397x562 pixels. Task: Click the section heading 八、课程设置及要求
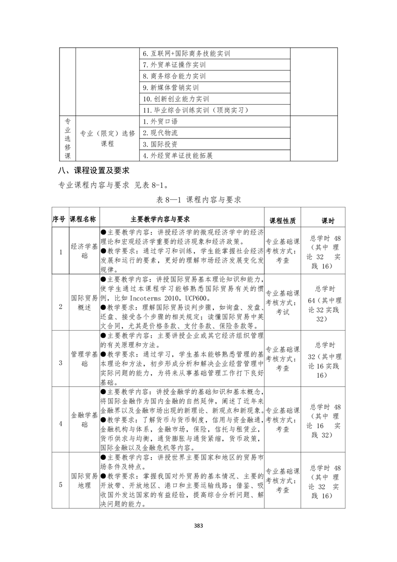tap(94, 171)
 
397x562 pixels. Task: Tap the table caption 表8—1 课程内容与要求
tap(199, 200)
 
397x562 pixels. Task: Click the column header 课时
tap(328, 220)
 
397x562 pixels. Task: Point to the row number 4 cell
tap(61, 424)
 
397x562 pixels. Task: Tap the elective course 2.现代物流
tap(160, 133)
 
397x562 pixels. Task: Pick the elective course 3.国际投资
tap(160, 144)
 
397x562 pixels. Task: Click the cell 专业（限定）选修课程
tap(108, 138)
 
